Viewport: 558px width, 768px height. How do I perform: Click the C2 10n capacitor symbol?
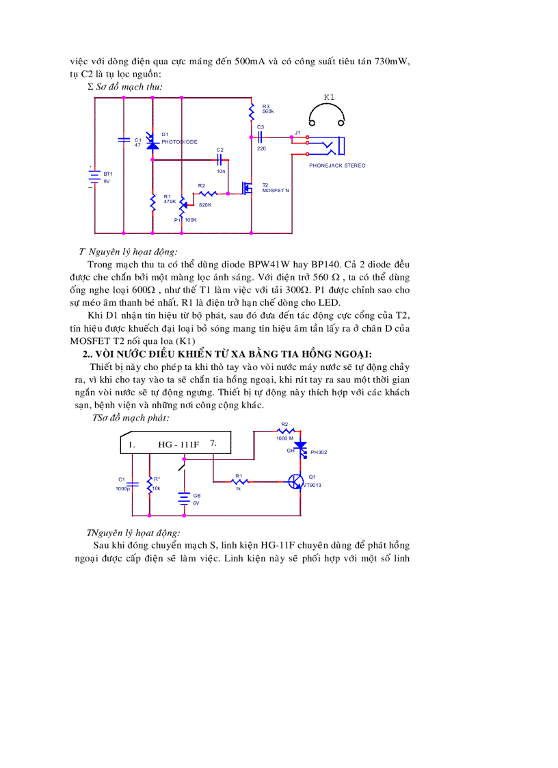(220, 159)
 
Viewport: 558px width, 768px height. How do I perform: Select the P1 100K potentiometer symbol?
(182, 206)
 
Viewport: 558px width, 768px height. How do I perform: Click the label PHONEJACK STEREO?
(337, 165)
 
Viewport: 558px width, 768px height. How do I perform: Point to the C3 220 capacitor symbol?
(261, 137)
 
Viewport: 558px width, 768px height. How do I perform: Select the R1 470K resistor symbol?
(152, 202)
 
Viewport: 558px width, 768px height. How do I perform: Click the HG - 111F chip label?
(178, 445)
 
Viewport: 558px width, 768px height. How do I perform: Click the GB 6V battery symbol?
(183, 499)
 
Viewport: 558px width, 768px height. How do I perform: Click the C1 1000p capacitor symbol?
(133, 484)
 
